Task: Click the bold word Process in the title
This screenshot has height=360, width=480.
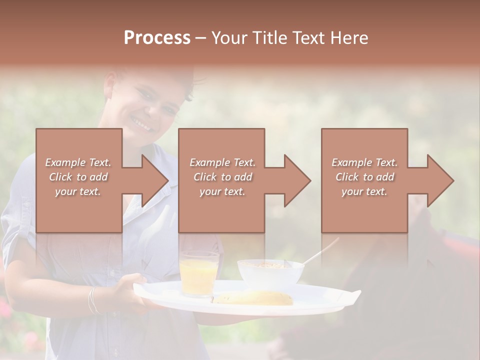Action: (x=157, y=38)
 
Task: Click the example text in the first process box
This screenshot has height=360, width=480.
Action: (x=78, y=177)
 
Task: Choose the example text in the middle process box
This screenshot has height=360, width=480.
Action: (x=222, y=177)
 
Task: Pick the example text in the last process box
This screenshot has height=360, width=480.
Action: (x=364, y=177)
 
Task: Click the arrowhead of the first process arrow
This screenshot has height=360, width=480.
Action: (x=154, y=180)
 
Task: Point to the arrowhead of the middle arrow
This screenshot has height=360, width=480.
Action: (x=297, y=180)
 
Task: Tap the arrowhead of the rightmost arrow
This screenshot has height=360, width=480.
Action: (x=440, y=180)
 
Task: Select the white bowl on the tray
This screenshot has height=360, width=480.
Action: (x=270, y=273)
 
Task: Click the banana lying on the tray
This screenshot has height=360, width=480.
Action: (x=255, y=298)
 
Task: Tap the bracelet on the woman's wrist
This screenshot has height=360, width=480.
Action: (x=93, y=299)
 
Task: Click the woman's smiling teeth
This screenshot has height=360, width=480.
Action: (x=141, y=123)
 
